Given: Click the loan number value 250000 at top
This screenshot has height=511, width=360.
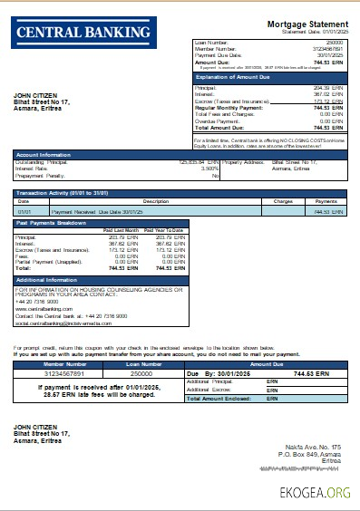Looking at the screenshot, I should click(334, 43).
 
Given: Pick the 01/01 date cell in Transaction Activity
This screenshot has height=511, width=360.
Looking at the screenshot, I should click(24, 211).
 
